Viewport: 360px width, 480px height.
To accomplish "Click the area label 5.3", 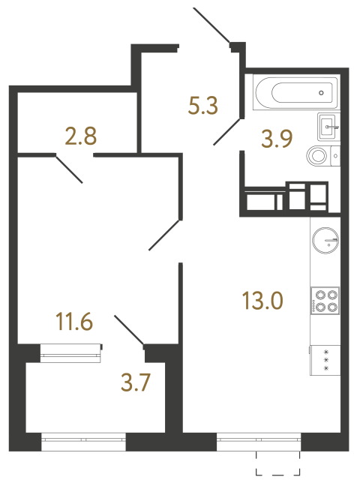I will [x=202, y=106].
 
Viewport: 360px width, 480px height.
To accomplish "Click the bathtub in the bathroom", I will [x=292, y=94].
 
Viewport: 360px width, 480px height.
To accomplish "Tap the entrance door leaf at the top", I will [x=212, y=27].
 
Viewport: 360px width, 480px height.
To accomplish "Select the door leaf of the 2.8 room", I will [x=69, y=169].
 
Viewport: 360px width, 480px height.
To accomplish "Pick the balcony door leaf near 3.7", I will [x=128, y=330].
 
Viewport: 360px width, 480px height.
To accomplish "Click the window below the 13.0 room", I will [x=258, y=443].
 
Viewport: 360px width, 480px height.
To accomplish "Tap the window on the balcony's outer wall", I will [x=83, y=443].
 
